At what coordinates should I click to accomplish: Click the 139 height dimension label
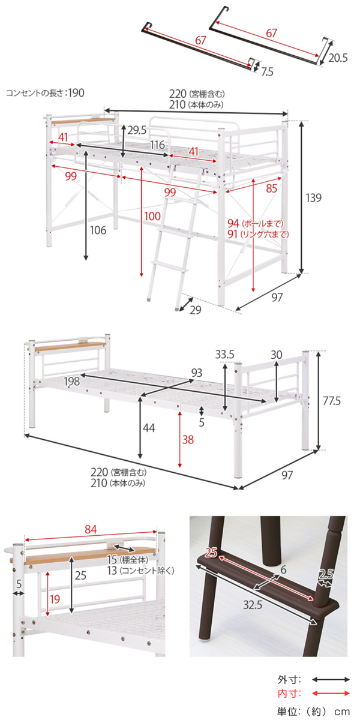point(313,197)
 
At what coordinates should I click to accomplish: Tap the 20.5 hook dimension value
point(338,58)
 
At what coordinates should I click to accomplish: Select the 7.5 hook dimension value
point(267,71)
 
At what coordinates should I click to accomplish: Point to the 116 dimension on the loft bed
point(157,145)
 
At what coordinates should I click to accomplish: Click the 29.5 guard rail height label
point(137,131)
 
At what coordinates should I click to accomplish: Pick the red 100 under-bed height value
point(152,216)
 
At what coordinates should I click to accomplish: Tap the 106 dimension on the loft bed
point(98,230)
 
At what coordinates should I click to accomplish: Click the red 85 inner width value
point(272,188)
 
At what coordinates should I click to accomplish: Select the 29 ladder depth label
point(196,310)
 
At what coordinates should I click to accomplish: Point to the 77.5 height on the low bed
point(331,401)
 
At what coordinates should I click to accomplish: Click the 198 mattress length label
point(71,382)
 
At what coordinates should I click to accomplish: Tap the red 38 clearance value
point(188,439)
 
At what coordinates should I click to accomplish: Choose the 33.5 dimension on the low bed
point(224,355)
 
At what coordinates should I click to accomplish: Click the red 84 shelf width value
point(91,529)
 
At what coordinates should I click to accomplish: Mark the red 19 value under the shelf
point(55,599)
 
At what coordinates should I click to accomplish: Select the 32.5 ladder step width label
point(253,605)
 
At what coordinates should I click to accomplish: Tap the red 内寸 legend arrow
point(331,694)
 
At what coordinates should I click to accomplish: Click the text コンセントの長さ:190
point(46,93)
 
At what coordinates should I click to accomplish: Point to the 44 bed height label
point(149,428)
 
